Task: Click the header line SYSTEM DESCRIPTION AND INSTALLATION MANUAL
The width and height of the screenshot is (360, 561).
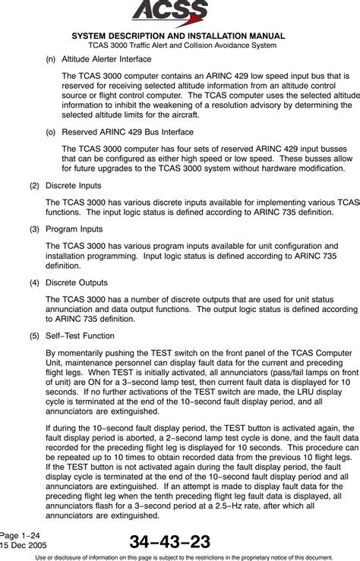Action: tap(179, 36)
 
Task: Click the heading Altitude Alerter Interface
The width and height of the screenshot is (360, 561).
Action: tap(105, 58)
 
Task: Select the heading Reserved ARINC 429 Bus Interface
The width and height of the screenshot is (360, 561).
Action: tap(122, 131)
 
